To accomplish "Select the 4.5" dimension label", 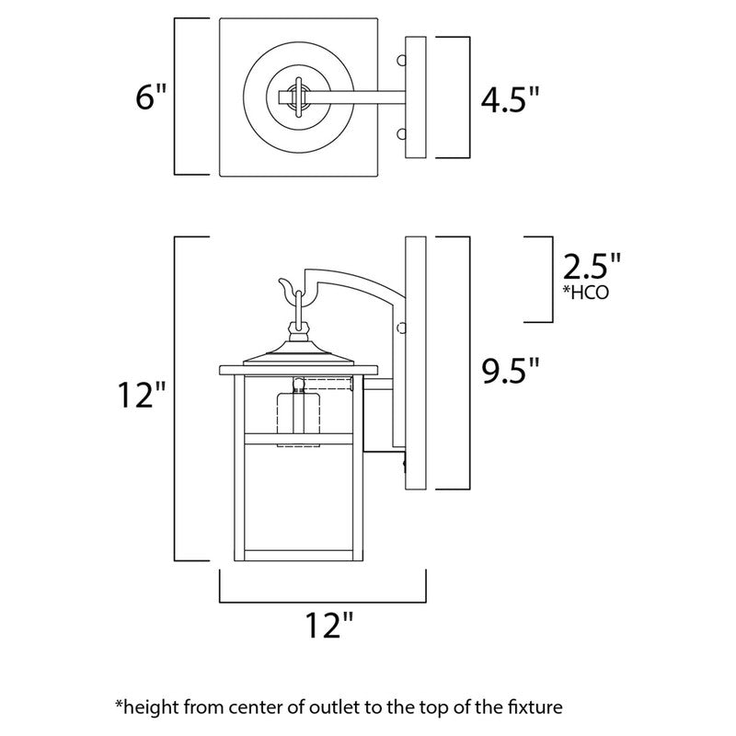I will click(510, 98).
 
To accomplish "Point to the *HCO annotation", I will click(583, 293).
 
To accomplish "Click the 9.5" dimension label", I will click(510, 372).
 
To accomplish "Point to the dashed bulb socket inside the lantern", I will click(296, 419).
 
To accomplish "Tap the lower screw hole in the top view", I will click(400, 134).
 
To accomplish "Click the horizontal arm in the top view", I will click(359, 96).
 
